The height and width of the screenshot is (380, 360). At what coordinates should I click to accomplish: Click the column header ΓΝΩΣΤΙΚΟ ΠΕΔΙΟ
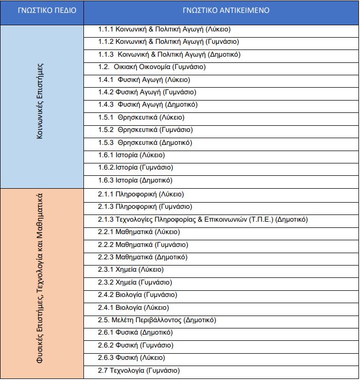[41, 10]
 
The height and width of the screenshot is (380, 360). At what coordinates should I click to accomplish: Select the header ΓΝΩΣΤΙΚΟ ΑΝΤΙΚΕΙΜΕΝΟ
[221, 10]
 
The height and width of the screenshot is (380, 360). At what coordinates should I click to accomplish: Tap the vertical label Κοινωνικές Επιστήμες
[41, 106]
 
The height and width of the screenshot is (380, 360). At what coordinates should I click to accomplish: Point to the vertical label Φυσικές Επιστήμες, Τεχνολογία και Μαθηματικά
[41, 284]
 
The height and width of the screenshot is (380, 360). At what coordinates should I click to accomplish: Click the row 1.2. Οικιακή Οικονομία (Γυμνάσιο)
[152, 67]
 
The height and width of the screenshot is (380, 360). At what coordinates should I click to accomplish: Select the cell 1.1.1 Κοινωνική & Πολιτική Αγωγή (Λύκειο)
[164, 29]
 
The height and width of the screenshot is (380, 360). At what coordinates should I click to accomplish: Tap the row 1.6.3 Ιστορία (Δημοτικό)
[135, 180]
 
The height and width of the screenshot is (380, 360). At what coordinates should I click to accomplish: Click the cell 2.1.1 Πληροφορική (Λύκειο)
[141, 194]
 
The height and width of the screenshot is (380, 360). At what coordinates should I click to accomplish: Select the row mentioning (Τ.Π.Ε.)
[203, 220]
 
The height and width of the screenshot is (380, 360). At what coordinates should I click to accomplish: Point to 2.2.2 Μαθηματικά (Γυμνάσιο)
[143, 245]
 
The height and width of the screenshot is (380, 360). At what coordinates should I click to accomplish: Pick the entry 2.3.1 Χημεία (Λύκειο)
[131, 270]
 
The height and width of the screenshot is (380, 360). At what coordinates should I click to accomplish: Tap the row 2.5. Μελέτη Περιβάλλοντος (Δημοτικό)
[157, 320]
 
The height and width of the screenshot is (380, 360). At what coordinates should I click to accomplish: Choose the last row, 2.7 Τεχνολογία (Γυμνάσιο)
[139, 371]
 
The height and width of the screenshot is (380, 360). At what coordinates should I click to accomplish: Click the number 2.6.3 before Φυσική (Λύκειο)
[106, 358]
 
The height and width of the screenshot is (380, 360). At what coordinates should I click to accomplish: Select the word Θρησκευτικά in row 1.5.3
[137, 143]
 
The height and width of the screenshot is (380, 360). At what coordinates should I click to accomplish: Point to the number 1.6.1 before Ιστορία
[106, 155]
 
